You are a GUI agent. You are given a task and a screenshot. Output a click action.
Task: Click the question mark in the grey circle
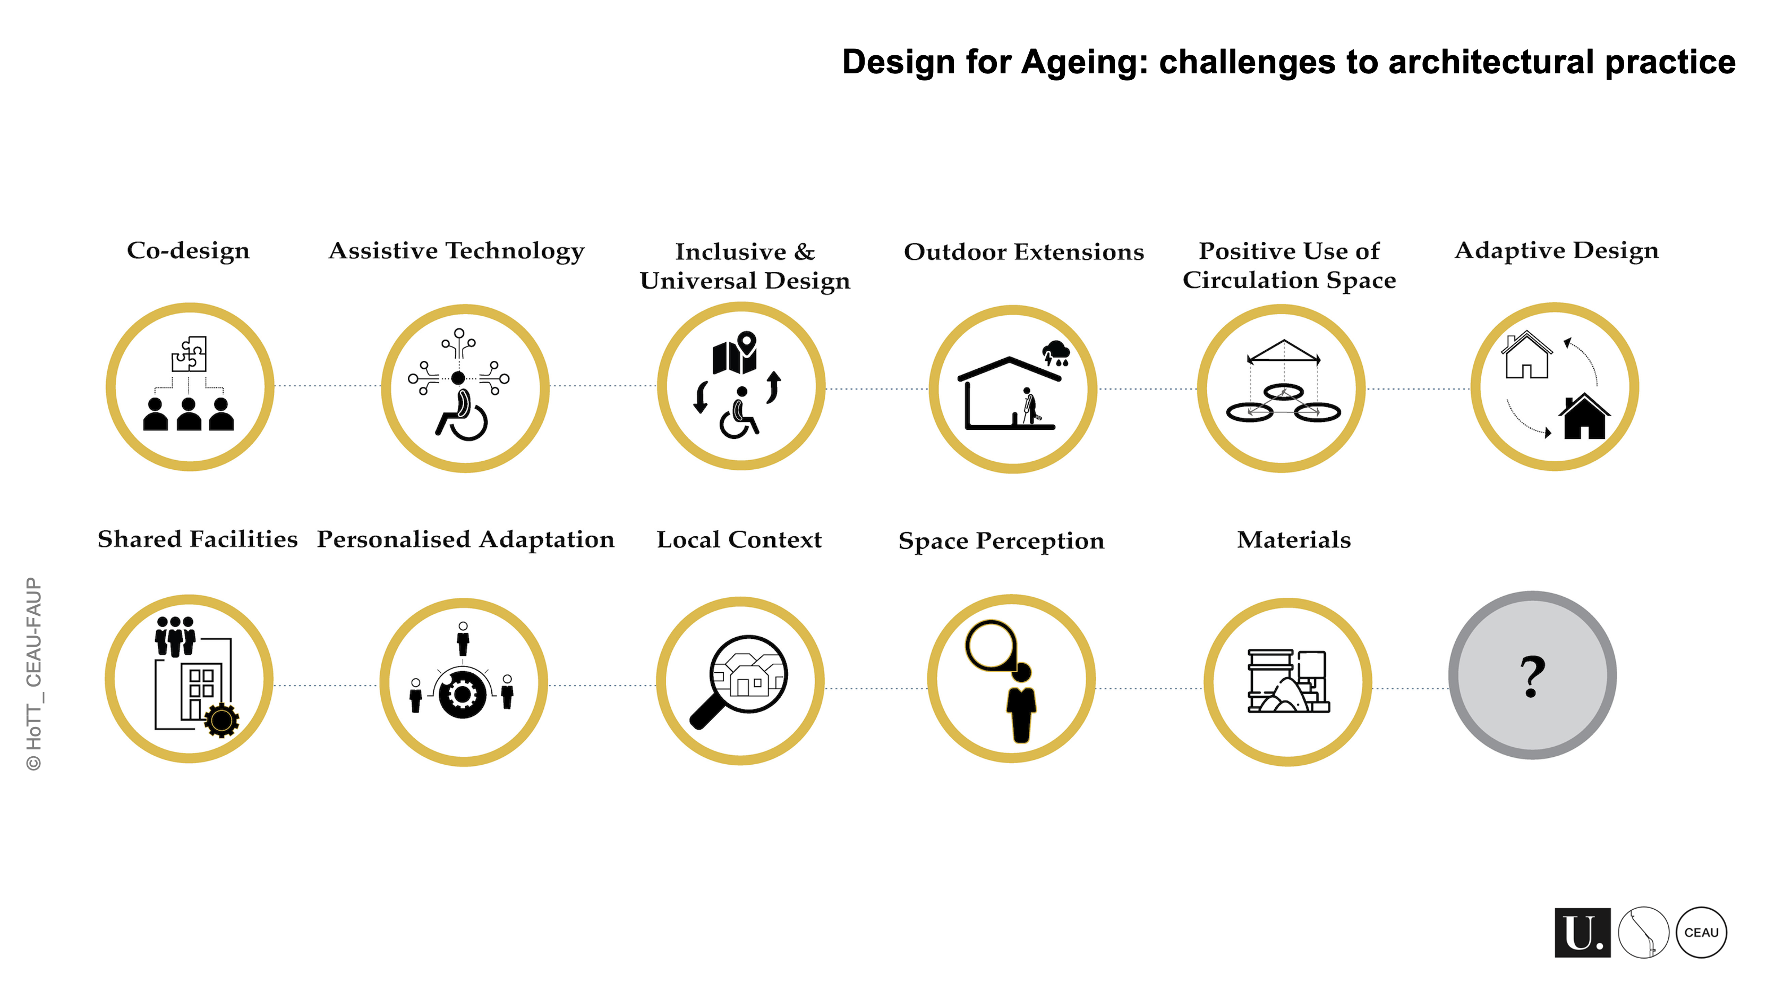pos(1532,676)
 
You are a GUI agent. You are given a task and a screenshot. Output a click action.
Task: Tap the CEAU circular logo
pos(1701,933)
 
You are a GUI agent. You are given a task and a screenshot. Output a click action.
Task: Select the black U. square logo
pos(1583,933)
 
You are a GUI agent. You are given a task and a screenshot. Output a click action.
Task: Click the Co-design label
pos(188,251)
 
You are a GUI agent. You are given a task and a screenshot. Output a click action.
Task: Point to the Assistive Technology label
pos(456,251)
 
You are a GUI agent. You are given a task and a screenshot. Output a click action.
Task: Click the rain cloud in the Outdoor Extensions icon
pos(1056,352)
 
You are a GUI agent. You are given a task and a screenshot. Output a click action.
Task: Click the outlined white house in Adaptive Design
pos(1527,355)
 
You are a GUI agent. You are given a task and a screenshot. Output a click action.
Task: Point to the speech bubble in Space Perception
pos(992,646)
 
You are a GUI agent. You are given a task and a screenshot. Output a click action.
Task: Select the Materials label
pos(1294,540)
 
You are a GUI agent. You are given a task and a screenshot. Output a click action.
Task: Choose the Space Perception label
pos(1001,541)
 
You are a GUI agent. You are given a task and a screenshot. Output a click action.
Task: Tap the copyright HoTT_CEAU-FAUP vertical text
pos(34,674)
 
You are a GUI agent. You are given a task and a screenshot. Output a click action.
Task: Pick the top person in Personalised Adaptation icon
pos(463,639)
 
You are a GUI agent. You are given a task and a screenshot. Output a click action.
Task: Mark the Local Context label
pos(739,540)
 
